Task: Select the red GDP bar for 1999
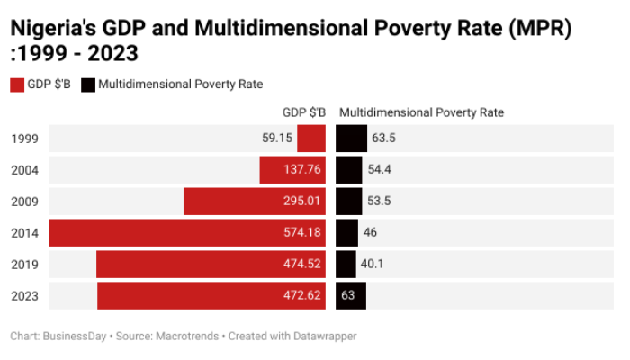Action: pyautogui.click(x=311, y=139)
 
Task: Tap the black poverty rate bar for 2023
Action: pyautogui.click(x=351, y=295)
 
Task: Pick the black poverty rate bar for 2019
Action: pyautogui.click(x=346, y=264)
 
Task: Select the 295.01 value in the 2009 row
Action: pyautogui.click(x=301, y=201)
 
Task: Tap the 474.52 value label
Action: pyautogui.click(x=301, y=264)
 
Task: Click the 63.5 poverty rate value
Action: pyautogui.click(x=383, y=139)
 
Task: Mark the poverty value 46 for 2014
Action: pyautogui.click(x=370, y=232)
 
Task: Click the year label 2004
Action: pyautogui.click(x=24, y=170)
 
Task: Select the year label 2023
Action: pyautogui.click(x=24, y=295)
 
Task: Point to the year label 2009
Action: pyautogui.click(x=24, y=201)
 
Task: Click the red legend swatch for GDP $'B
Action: pyautogui.click(x=16, y=85)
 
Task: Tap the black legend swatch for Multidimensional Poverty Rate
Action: pyautogui.click(x=87, y=85)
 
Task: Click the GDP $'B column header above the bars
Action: pyautogui.click(x=304, y=113)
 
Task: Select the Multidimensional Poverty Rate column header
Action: pyautogui.click(x=421, y=113)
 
